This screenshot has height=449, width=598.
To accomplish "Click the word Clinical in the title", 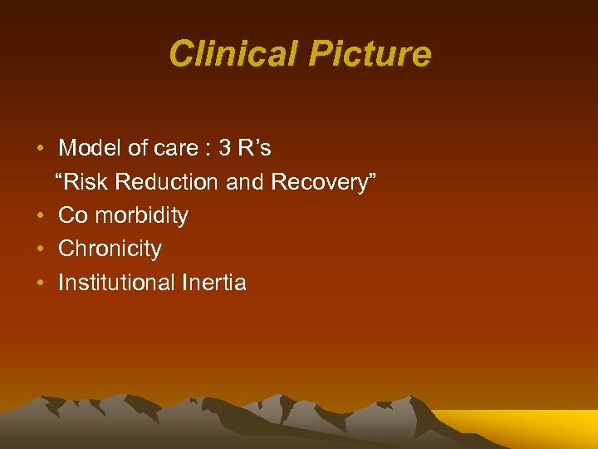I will click(233, 55).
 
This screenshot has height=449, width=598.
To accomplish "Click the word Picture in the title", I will click(370, 55).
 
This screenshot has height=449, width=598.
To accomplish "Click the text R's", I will click(253, 149).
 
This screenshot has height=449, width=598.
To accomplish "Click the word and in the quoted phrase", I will click(244, 182).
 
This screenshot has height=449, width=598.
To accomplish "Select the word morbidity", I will click(141, 215).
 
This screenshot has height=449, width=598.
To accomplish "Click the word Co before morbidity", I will click(73, 215).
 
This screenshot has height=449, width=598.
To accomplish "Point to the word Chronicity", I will click(110, 249).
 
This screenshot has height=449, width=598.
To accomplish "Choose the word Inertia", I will click(213, 283).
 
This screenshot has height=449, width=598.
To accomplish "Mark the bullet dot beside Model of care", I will click(41, 150).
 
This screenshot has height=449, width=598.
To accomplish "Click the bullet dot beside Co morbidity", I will click(41, 216).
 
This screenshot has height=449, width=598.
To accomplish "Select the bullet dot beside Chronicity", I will click(41, 249).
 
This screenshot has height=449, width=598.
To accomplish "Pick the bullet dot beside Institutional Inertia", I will click(41, 284).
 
